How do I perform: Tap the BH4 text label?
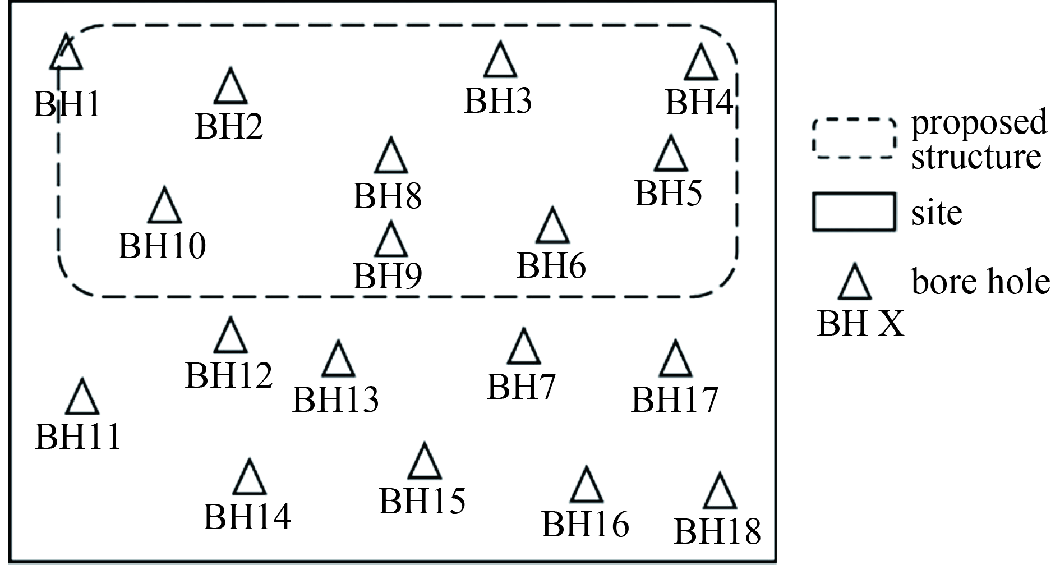point(699,103)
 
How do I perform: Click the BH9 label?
point(388,275)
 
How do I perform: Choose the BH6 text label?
point(551,265)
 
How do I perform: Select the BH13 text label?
point(336,399)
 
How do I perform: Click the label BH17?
point(675,399)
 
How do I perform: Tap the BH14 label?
point(247,516)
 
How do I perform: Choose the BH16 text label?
point(586,524)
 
